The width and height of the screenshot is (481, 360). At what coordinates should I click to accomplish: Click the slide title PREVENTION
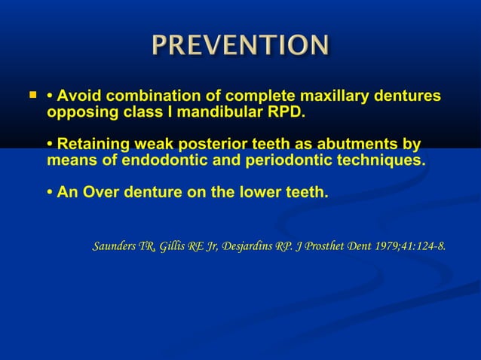pyautogui.click(x=240, y=45)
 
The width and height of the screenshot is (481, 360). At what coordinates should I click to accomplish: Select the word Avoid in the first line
pyautogui.click(x=78, y=96)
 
